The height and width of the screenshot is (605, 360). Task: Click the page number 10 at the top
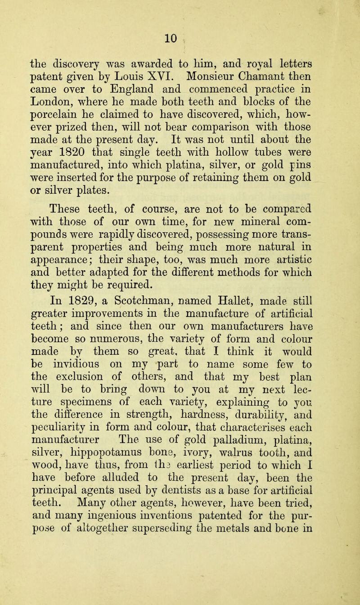click(x=180, y=19)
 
